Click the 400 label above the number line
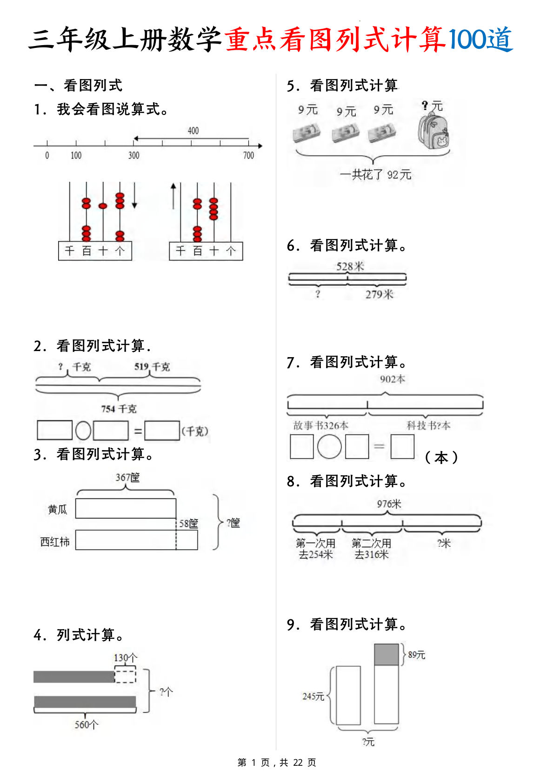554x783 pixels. pyautogui.click(x=193, y=131)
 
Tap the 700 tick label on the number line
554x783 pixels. pyautogui.click(x=249, y=155)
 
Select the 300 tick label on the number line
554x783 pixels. pyautogui.click(x=133, y=155)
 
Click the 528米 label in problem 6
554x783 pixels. pyautogui.click(x=350, y=266)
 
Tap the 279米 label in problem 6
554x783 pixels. pyautogui.click(x=379, y=294)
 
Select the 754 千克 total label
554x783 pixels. pyautogui.click(x=119, y=409)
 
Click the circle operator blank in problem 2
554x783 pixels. pyautogui.click(x=83, y=431)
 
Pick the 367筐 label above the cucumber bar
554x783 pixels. pyautogui.click(x=127, y=478)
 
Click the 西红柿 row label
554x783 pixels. pyautogui.click(x=55, y=542)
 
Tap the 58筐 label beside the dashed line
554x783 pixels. pyautogui.click(x=188, y=524)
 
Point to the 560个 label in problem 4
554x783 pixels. pyautogui.click(x=87, y=724)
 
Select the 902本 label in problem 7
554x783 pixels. pyautogui.click(x=392, y=379)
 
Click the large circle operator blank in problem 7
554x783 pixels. pyautogui.click(x=329, y=447)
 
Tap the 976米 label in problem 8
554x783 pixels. pyautogui.click(x=389, y=504)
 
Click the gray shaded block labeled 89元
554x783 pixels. pyautogui.click(x=386, y=655)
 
